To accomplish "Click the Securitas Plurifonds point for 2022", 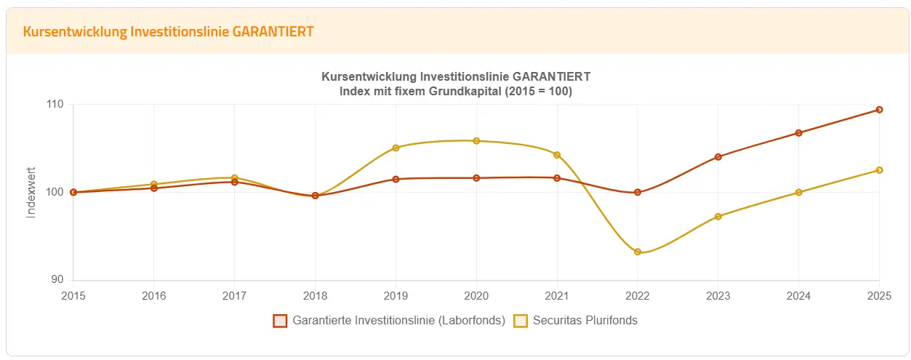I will click(x=638, y=252).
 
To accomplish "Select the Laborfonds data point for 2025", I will click(x=879, y=110).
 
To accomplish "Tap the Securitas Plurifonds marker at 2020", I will click(x=476, y=140).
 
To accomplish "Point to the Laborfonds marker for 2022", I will click(x=638, y=192).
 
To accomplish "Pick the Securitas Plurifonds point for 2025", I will click(x=879, y=170).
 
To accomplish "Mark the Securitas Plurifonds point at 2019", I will click(x=396, y=148).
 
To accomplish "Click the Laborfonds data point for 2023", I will click(x=718, y=156).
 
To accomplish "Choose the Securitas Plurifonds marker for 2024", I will click(x=798, y=192).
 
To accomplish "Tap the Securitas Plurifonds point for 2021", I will click(x=557, y=155).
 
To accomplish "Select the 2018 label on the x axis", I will click(x=315, y=296).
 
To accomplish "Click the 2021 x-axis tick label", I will click(x=557, y=296).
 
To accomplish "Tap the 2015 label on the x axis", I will click(x=73, y=296).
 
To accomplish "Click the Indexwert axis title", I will click(x=31, y=192).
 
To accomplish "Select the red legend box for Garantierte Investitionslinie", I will click(x=280, y=321).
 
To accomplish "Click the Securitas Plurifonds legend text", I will click(x=585, y=321).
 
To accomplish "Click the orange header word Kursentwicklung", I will click(x=65, y=32).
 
